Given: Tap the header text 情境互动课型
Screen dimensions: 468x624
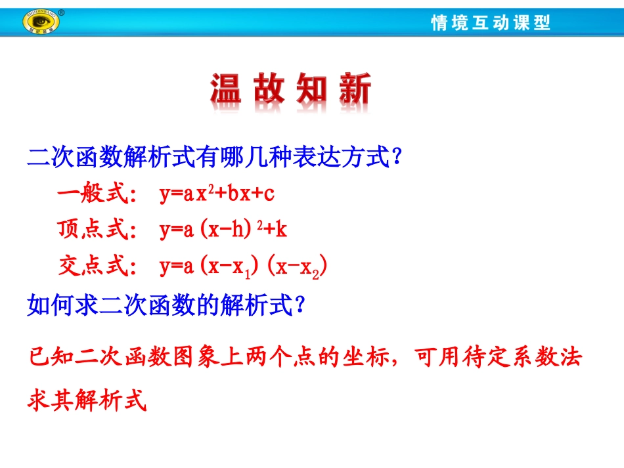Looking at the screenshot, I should pyautogui.click(x=491, y=23).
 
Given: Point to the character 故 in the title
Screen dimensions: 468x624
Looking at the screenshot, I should pyautogui.click(x=269, y=90).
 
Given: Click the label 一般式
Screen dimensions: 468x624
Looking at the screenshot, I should pyautogui.click(x=94, y=194).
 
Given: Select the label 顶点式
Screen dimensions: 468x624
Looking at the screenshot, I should pyautogui.click(x=94, y=230).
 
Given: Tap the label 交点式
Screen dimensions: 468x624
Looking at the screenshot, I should pyautogui.click(x=94, y=266).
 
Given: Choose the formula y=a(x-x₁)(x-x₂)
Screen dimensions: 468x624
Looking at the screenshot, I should pyautogui.click(x=243, y=267).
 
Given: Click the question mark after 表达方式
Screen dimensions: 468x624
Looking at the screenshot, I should pyautogui.click(x=396, y=158).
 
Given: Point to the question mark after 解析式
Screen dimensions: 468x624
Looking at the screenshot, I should pyautogui.click(x=300, y=305).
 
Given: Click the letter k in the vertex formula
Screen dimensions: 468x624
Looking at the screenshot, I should pyautogui.click(x=282, y=230).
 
